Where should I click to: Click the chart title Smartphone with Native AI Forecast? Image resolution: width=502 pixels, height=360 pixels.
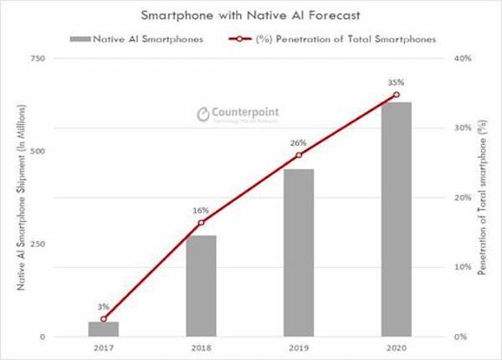coord(252,15)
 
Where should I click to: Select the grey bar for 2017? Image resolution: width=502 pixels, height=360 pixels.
coord(104,329)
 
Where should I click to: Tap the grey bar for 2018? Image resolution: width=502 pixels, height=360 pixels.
coord(201,285)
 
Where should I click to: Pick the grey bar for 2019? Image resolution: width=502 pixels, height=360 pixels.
coord(299,253)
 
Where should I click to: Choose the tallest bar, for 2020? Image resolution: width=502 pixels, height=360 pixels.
coord(397,219)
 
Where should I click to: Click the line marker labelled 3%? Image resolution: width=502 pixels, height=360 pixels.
coord(104,319)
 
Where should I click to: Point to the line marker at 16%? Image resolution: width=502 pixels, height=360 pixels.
coord(201,223)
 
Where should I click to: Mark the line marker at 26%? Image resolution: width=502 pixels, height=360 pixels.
coord(299,155)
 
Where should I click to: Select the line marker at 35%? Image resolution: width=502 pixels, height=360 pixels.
coord(397,95)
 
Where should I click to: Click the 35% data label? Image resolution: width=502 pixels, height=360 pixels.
coord(396,82)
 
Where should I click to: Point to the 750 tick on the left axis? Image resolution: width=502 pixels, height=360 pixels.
coord(37,59)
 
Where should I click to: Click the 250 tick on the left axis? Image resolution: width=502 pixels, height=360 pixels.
coord(37,244)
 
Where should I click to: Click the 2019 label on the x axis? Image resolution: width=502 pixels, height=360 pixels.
coord(299,347)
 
